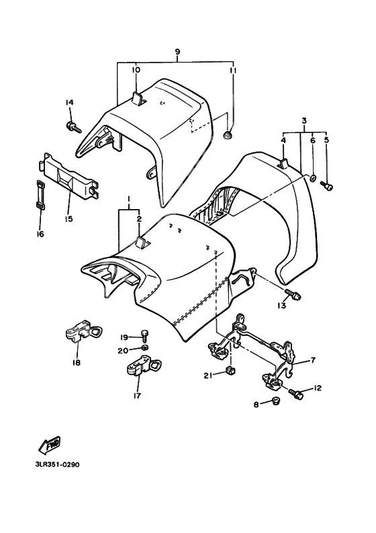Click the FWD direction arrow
[x=49, y=445]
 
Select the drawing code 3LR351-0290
[x=57, y=464]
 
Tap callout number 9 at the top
[x=177, y=52]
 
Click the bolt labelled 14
[x=74, y=127]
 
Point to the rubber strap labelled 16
[x=41, y=194]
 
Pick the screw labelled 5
[x=327, y=186]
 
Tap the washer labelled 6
[x=313, y=177]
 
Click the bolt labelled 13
[x=293, y=294]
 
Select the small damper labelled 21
[x=231, y=370]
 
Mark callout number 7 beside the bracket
[x=313, y=360]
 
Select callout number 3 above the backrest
[x=304, y=121]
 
